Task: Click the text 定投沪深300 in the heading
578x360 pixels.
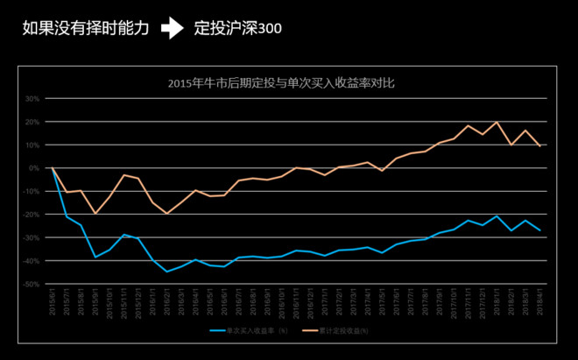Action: point(237,30)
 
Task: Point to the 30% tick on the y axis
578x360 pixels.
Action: point(32,98)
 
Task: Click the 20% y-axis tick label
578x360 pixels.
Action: point(32,122)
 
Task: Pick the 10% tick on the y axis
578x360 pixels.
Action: point(32,145)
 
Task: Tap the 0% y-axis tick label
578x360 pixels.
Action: point(33,168)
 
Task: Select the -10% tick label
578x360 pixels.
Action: point(31,191)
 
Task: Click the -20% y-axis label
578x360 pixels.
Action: point(31,215)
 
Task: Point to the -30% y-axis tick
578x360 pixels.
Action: point(31,237)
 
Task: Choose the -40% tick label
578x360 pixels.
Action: point(31,261)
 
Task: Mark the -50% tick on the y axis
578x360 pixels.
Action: point(31,284)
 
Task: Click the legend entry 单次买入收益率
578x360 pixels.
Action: point(251,330)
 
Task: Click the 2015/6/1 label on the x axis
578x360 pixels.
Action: point(53,300)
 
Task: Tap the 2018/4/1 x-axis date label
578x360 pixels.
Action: point(539,300)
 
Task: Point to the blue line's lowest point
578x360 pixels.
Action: point(166,272)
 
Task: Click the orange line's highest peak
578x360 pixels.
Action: point(497,122)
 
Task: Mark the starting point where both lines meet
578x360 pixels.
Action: point(53,167)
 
